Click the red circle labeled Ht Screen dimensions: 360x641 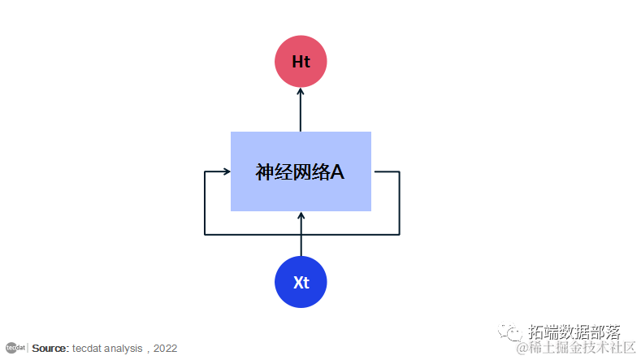(x=301, y=61)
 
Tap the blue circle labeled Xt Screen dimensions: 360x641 (x=301, y=282)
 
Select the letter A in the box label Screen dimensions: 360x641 (x=338, y=172)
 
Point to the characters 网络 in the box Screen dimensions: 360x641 (x=311, y=172)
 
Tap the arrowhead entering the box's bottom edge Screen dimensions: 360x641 (x=301, y=216)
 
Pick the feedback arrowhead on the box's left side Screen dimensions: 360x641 (x=226, y=171)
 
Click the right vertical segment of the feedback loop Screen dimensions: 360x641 (x=399, y=203)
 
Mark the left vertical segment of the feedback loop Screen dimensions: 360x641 (x=205, y=203)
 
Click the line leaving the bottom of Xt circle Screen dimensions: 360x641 (x=301, y=245)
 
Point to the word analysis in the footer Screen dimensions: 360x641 (x=123, y=349)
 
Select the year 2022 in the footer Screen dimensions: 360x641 (x=164, y=349)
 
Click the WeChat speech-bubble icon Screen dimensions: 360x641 (x=512, y=333)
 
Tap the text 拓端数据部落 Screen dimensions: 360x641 (x=574, y=332)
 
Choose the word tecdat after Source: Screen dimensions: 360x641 (x=87, y=349)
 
